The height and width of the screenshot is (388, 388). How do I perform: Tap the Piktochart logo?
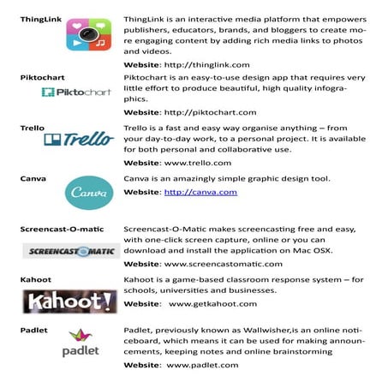[x=73, y=92]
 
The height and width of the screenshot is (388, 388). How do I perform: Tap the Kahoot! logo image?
[x=69, y=301]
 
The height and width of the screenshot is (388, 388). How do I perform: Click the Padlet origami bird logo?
[x=81, y=343]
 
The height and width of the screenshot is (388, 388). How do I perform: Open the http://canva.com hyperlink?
[x=200, y=192]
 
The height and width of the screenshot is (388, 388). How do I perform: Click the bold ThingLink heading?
[x=42, y=17]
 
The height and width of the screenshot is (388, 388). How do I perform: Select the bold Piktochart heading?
[x=44, y=76]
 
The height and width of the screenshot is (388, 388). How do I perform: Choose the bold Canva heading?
[x=33, y=179]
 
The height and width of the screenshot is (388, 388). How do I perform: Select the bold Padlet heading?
[x=34, y=329]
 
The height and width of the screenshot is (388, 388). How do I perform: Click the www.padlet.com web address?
[x=202, y=366]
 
